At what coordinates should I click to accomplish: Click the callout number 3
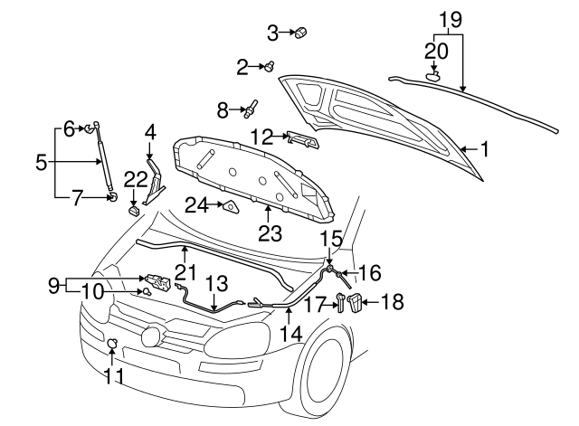point(272,33)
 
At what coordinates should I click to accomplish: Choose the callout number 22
point(134,179)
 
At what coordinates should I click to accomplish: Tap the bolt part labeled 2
point(269,65)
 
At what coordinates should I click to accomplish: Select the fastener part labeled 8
point(250,110)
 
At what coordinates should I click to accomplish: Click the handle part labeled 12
point(300,138)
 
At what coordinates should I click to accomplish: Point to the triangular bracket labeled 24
point(230,207)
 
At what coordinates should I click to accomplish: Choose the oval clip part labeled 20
point(433,78)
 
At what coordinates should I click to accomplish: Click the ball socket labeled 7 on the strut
point(111,196)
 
